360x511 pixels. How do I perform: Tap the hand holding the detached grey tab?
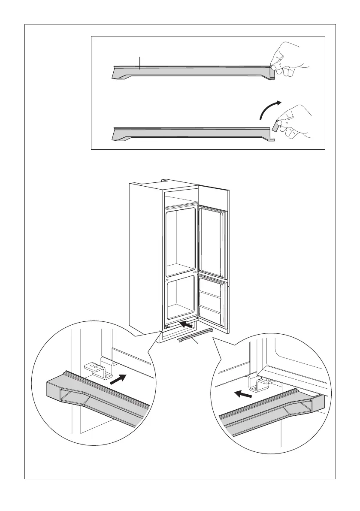point(296,122)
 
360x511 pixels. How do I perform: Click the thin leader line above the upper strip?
point(140,62)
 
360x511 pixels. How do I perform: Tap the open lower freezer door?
point(212,300)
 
